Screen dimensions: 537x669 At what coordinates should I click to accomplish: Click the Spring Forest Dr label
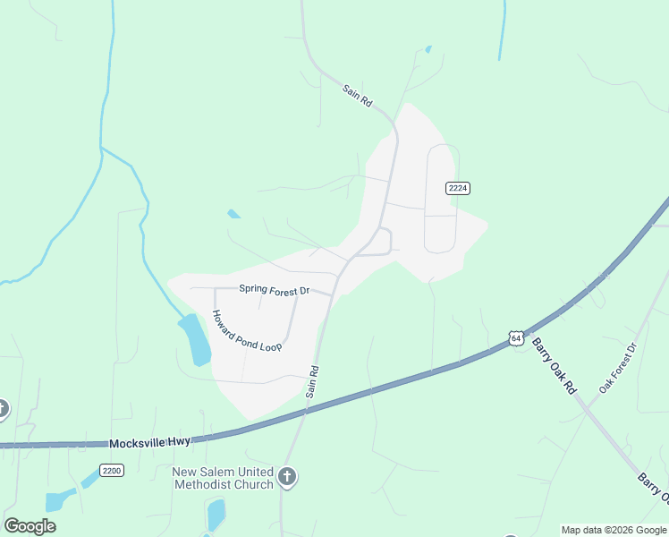[x=274, y=290]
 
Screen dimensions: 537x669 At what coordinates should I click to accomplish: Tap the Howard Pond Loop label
[x=246, y=331]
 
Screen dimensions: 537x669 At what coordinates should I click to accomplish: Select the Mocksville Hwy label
[x=149, y=443]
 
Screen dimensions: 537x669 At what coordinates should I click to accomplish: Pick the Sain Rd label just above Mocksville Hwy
[x=313, y=381]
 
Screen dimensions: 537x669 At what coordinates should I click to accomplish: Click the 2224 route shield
[x=458, y=188]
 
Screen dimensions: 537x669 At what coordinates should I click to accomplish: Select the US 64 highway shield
[x=516, y=337]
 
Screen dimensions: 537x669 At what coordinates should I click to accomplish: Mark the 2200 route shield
[x=112, y=470]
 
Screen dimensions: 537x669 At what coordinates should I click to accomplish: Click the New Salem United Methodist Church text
[x=223, y=478]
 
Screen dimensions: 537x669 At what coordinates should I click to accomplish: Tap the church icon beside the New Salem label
[x=287, y=478]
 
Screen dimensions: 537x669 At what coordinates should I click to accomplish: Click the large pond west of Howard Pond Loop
[x=195, y=338]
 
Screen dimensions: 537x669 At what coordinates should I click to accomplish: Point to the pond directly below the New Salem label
[x=216, y=515]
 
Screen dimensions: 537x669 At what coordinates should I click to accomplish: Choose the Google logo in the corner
[x=30, y=526]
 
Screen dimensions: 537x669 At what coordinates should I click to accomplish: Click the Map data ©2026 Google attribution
[x=614, y=530]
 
